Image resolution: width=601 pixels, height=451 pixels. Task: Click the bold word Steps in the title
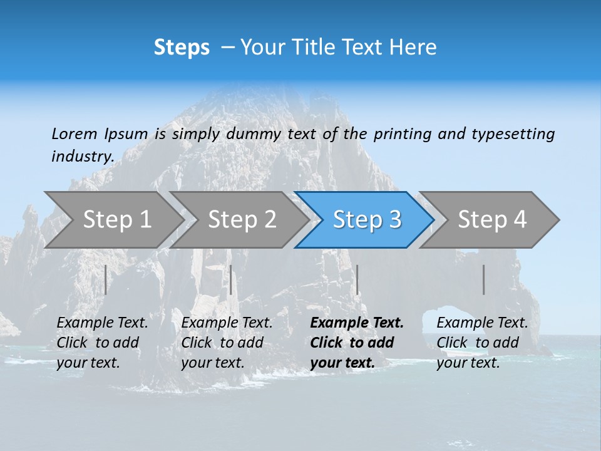(x=182, y=48)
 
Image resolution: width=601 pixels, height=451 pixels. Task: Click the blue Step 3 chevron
(x=366, y=220)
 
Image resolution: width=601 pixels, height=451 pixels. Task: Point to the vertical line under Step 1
(x=106, y=279)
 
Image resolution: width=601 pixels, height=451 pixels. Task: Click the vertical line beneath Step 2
(x=231, y=279)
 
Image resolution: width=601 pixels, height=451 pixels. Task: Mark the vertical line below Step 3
(x=357, y=279)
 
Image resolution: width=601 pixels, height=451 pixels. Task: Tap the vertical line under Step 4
(x=484, y=279)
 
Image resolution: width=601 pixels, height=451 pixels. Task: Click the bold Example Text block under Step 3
(x=356, y=343)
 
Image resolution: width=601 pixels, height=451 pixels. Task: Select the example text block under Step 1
(x=102, y=343)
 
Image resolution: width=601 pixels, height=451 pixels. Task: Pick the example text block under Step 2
(x=227, y=343)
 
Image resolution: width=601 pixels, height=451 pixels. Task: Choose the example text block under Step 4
(x=482, y=343)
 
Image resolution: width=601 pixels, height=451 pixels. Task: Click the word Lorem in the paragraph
(x=74, y=134)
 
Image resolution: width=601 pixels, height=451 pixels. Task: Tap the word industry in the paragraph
(x=83, y=157)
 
